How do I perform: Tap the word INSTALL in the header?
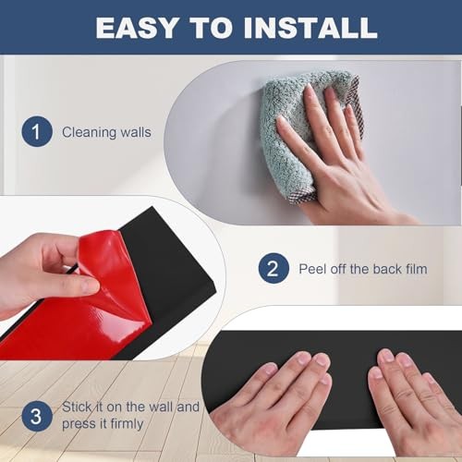pyautogui.click(x=310, y=28)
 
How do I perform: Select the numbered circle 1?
pyautogui.click(x=37, y=131)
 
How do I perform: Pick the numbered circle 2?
pyautogui.click(x=274, y=268)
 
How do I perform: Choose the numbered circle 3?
pyautogui.click(x=37, y=416)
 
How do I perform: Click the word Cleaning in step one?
pyautogui.click(x=89, y=133)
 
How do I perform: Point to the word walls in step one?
pyautogui.click(x=136, y=133)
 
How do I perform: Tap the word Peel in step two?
pyautogui.click(x=312, y=269)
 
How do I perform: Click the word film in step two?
pyautogui.click(x=416, y=269)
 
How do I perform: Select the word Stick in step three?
pyautogui.click(x=77, y=407)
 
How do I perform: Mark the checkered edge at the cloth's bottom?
pyautogui.click(x=303, y=197)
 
